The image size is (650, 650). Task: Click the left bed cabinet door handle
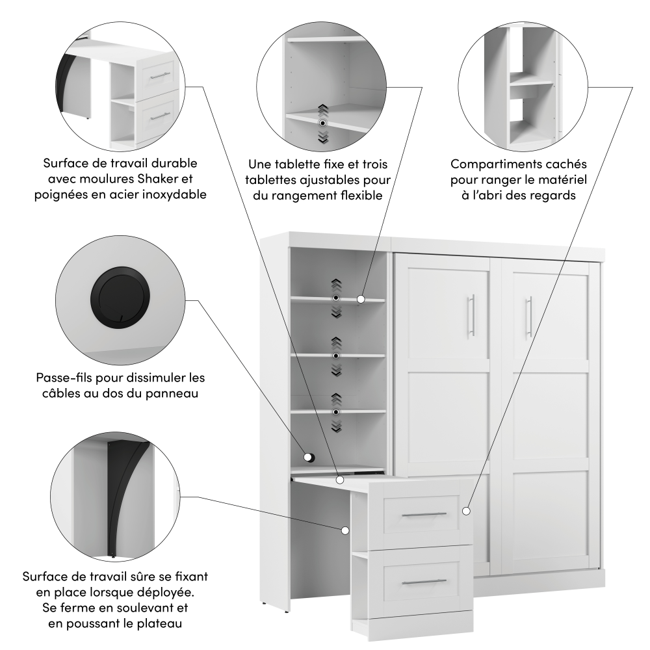(471, 315)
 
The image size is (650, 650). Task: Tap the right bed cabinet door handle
(529, 317)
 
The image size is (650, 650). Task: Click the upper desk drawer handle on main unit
(424, 514)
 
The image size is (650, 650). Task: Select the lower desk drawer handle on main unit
(424, 582)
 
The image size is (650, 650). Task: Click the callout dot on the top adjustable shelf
(361, 299)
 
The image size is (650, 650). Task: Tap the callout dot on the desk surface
(340, 480)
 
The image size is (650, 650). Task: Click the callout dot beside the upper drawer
(466, 511)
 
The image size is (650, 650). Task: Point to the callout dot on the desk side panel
(345, 530)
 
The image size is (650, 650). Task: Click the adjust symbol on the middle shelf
(336, 356)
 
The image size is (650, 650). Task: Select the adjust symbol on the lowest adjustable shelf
(336, 412)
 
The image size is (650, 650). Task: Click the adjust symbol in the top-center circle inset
(322, 123)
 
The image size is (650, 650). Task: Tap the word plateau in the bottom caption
(159, 623)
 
